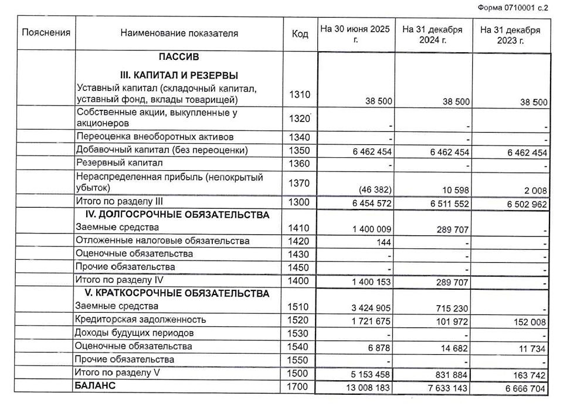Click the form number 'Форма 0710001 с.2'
pos(513,8)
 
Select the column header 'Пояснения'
pos(46,33)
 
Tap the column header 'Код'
pos(300,33)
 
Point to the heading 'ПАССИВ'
pos(179,57)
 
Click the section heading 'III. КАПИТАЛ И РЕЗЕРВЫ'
pos(179,76)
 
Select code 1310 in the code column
pos(300,94)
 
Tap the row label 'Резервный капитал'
pos(119,163)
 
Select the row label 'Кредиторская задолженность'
pos(141,320)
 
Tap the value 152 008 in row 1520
pos(530,321)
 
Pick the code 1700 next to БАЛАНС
pos(300,386)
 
